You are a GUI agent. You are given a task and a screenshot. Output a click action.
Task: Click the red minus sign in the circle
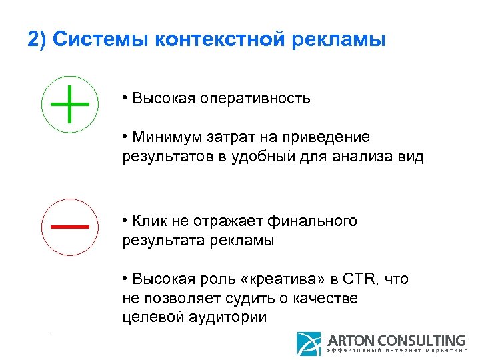(70, 226)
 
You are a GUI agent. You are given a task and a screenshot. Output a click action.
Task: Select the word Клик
(148, 221)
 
